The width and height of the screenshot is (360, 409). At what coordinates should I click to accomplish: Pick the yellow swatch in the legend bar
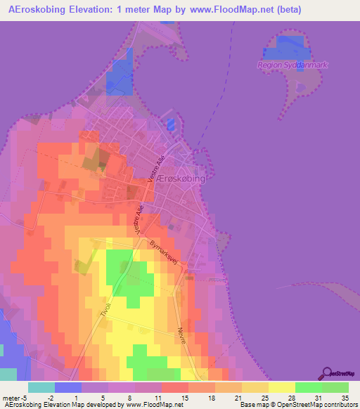click(282, 387)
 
